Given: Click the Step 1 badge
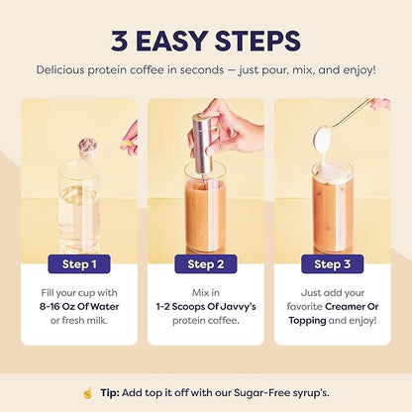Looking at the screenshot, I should coord(79,263).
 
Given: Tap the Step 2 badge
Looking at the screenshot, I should coord(205,263).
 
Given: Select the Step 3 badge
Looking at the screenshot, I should coord(332,263).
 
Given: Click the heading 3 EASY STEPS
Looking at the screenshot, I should coord(205,41).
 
